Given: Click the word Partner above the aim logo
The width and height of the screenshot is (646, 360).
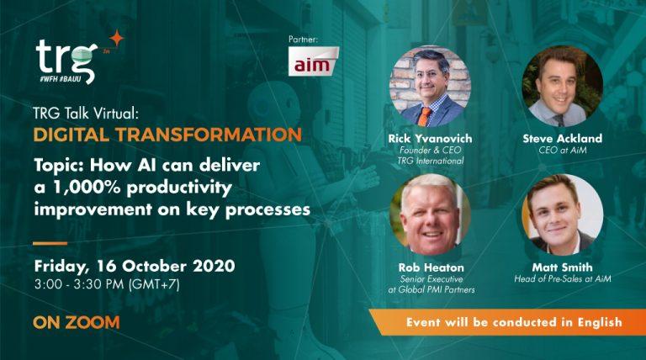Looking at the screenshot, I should click(x=303, y=39).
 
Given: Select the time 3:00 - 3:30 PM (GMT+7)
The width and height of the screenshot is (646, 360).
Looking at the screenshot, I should click(x=107, y=284).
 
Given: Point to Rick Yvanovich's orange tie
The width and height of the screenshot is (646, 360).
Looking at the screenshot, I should click(x=426, y=114).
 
